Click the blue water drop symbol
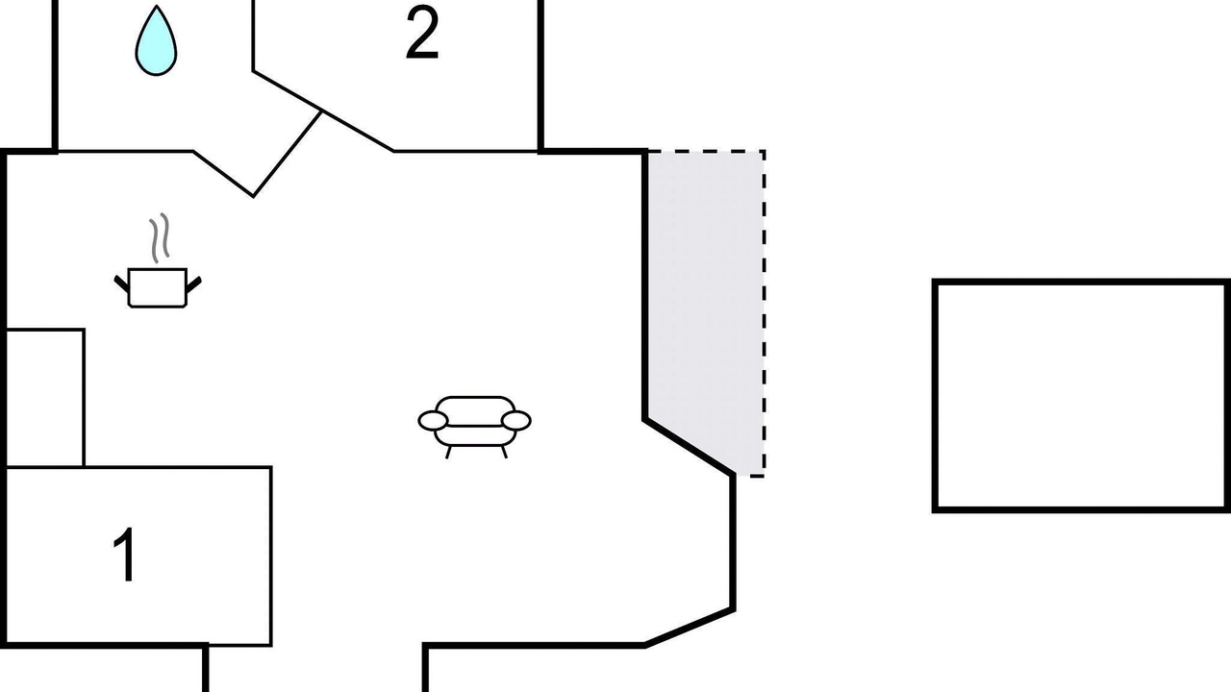tap(156, 41)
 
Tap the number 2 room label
tap(422, 34)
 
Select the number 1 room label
tap(126, 555)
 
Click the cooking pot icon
tap(157, 287)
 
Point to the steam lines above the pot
tap(160, 237)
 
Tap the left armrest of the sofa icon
tap(433, 421)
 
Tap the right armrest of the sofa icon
tap(516, 421)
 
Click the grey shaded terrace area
tap(706, 297)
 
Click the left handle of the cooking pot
tap(121, 284)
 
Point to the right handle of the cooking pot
tap(194, 284)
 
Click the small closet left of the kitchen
tap(45, 398)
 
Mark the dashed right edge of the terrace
tap(764, 313)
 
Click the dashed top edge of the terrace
tap(706, 151)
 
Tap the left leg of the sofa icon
tap(448, 452)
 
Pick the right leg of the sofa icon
tap(504, 452)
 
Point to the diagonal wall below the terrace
tap(690, 447)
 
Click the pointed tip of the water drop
tap(157, 6)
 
